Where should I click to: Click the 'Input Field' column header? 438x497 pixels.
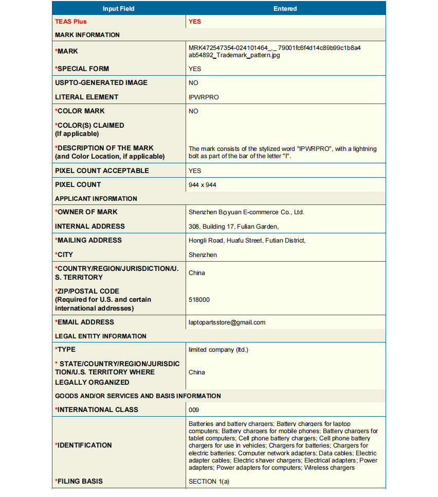pos(118,9)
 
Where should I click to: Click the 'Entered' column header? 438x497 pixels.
pos(285,9)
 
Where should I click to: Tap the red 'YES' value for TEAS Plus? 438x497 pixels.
pos(195,22)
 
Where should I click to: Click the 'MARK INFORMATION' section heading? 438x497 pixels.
pos(87,35)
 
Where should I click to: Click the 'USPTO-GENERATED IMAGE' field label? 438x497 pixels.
pos(101,82)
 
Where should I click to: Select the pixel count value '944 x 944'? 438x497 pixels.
pos(203,185)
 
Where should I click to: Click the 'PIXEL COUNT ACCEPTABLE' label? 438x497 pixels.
pos(102,170)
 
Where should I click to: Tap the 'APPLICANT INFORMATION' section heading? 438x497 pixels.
pos(96,198)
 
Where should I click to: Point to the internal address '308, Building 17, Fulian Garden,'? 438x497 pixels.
pos(234,226)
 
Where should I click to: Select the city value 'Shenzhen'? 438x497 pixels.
pos(203,255)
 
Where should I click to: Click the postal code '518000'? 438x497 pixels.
pos(199,300)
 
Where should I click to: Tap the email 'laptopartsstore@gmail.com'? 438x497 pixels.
pos(227,322)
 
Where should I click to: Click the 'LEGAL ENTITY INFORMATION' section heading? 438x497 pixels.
pos(101,336)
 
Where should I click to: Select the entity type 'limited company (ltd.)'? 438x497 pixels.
pos(218,350)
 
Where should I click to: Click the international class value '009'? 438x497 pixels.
pos(194,410)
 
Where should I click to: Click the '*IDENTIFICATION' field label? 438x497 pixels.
pos(83,445)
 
